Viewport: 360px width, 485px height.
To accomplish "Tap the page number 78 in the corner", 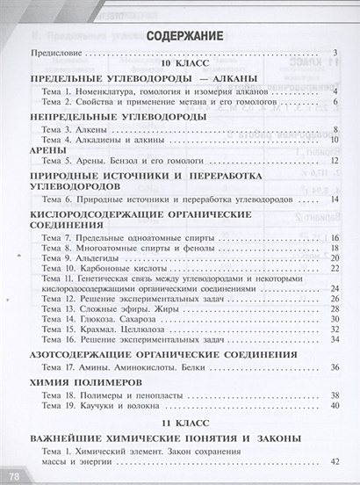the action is pyautogui.click(x=12, y=475).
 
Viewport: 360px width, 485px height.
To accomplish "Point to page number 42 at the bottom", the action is pyautogui.click(x=334, y=461).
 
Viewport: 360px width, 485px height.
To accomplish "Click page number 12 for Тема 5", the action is pyautogui.click(x=334, y=162).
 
